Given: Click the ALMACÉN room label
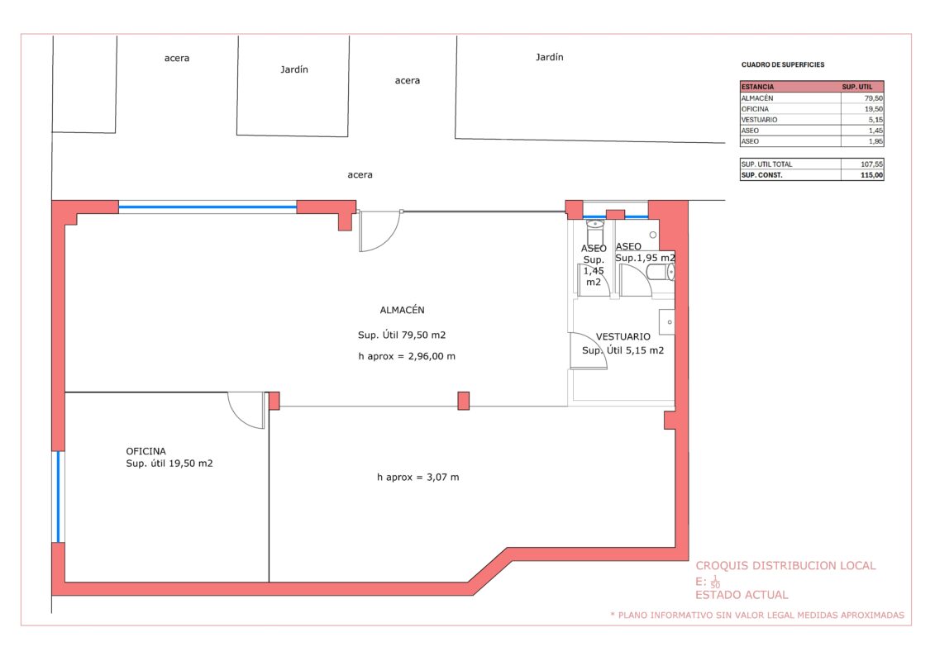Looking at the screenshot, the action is [x=402, y=309].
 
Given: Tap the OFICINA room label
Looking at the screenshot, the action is [x=145, y=451].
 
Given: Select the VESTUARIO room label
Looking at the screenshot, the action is [x=623, y=337].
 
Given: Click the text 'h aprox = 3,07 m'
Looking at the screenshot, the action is [x=418, y=477].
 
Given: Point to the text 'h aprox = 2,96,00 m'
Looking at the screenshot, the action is [x=407, y=356].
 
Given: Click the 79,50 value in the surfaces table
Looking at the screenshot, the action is [x=874, y=98].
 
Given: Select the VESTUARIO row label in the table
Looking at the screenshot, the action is [x=759, y=120].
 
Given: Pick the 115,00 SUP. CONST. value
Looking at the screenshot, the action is [x=872, y=175].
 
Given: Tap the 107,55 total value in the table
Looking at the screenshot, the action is [x=872, y=164].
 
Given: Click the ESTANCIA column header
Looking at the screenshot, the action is [x=757, y=87].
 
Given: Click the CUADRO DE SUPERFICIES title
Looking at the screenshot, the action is [x=783, y=64].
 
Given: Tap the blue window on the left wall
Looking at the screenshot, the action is [x=58, y=497].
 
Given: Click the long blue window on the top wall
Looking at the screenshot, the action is [x=208, y=207].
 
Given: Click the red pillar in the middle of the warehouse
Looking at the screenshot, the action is [x=463, y=401].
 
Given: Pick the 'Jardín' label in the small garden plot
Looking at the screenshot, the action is [x=294, y=69].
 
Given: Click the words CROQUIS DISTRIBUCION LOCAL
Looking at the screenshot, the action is [x=785, y=566].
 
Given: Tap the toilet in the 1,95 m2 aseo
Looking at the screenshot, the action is [x=661, y=273].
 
